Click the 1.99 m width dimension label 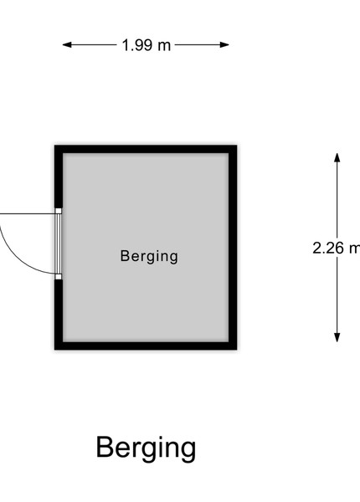(x=147, y=45)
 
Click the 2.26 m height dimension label (x=337, y=248)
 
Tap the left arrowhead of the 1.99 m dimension (x=67, y=45)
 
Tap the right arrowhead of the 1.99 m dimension (x=225, y=45)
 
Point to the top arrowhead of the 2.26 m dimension (x=337, y=157)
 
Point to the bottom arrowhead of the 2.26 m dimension (x=337, y=337)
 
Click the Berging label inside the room (x=149, y=257)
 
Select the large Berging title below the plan (x=146, y=448)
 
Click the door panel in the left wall (x=58, y=243)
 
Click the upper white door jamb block (x=59, y=211)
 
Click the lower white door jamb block (x=59, y=277)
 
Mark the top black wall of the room (x=146, y=149)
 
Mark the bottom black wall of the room (x=146, y=346)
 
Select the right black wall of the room (x=233, y=248)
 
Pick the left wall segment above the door (x=59, y=177)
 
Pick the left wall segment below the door (x=59, y=315)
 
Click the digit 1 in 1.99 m (x=126, y=45)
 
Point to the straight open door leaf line (x=28, y=213)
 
